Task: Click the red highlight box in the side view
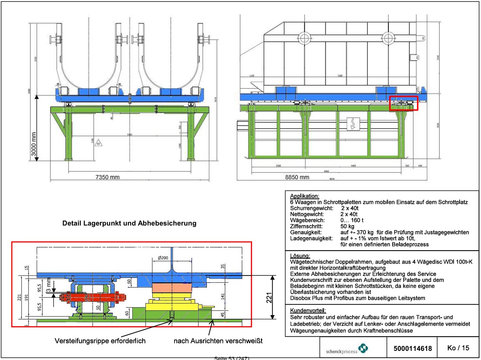404,103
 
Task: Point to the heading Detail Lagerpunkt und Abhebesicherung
129,224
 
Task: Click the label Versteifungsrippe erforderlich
100,341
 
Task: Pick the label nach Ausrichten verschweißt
218,341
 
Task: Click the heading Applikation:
305,196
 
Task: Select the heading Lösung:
300,256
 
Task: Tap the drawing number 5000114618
413,348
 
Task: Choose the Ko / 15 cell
458,348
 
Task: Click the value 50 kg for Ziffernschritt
347,226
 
